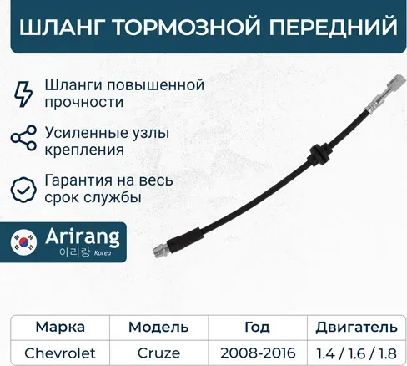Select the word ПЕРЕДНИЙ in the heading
coord(331,28)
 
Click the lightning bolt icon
coord(25,93)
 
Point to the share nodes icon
coord(25,140)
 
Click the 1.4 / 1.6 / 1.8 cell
coord(350,352)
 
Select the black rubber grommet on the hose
coord(317,155)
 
